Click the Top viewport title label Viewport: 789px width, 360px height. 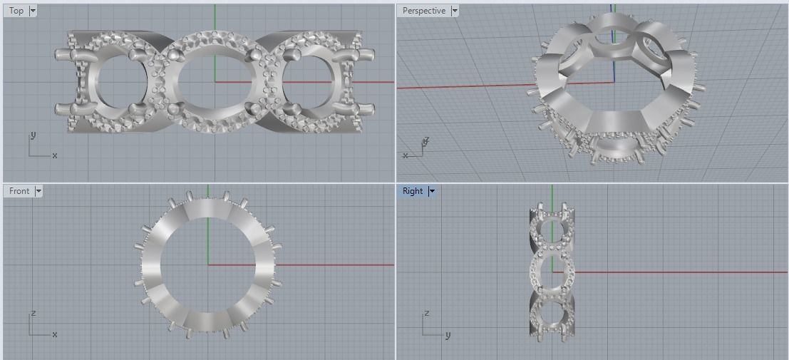(x=16, y=11)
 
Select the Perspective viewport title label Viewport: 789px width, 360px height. (x=423, y=11)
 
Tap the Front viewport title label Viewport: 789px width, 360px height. (x=19, y=191)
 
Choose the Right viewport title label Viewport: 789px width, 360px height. (x=412, y=191)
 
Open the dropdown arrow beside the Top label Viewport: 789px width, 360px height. (x=33, y=11)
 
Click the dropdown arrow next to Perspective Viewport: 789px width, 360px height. (x=455, y=11)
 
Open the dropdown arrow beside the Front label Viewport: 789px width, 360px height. (x=38, y=191)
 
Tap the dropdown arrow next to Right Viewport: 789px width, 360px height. (x=431, y=191)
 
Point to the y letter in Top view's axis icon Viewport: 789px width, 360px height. (x=33, y=135)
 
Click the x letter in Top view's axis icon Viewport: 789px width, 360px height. (x=55, y=155)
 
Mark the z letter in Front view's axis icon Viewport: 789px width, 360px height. (x=33, y=314)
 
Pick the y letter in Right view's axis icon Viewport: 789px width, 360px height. (x=448, y=334)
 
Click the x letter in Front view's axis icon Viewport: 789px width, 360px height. (x=55, y=334)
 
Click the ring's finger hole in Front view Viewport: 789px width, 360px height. (x=207, y=264)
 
